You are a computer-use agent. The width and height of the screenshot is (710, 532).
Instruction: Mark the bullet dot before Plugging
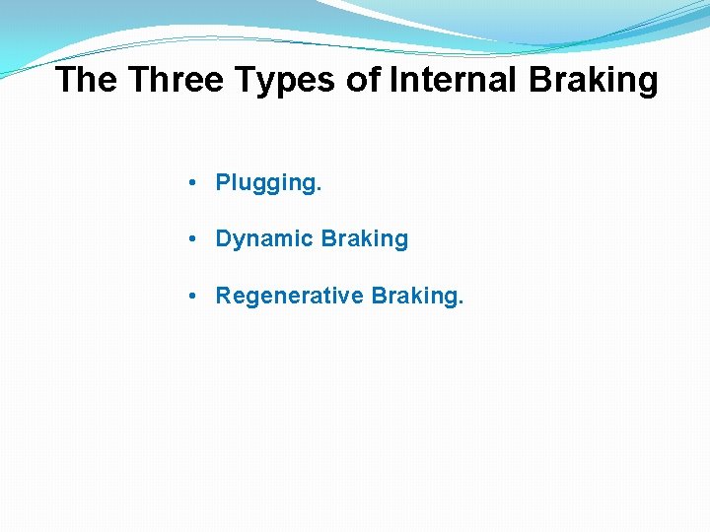pyautogui.click(x=197, y=183)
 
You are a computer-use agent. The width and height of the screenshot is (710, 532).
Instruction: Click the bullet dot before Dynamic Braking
pyautogui.click(x=197, y=239)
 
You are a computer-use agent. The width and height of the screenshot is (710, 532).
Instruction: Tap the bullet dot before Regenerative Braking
pyautogui.click(x=197, y=296)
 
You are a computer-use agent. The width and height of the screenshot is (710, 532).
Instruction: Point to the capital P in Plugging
pyautogui.click(x=223, y=182)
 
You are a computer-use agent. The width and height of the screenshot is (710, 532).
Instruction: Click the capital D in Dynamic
pyautogui.click(x=223, y=238)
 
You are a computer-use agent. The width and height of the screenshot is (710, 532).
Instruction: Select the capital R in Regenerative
pyautogui.click(x=223, y=295)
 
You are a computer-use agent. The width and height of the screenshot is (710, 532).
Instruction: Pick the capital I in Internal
pyautogui.click(x=394, y=80)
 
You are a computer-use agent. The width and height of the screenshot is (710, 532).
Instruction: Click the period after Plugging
pyautogui.click(x=319, y=189)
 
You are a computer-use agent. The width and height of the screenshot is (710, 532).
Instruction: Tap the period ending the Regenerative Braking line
pyautogui.click(x=460, y=301)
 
